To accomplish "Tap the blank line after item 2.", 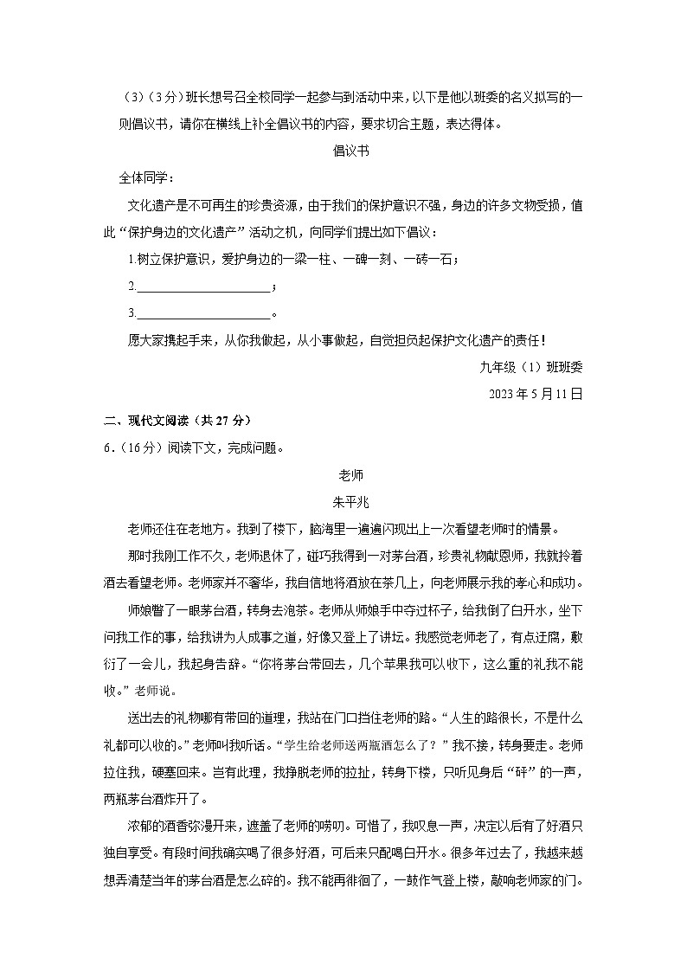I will click(203, 286).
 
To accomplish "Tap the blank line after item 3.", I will click(203, 312).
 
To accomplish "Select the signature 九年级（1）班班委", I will click(530, 367).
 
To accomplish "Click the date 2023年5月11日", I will click(536, 394).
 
